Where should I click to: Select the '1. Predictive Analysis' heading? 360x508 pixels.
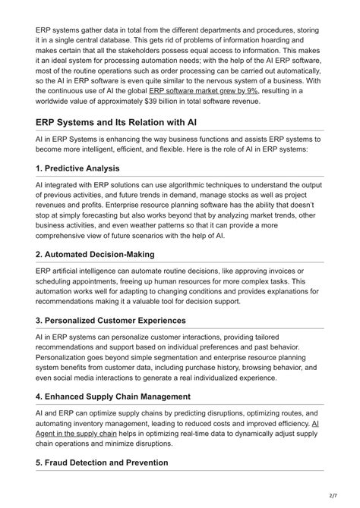(x=77, y=168)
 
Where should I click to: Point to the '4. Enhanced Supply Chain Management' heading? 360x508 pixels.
(x=125, y=396)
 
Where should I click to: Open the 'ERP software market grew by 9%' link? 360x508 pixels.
(x=193, y=90)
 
